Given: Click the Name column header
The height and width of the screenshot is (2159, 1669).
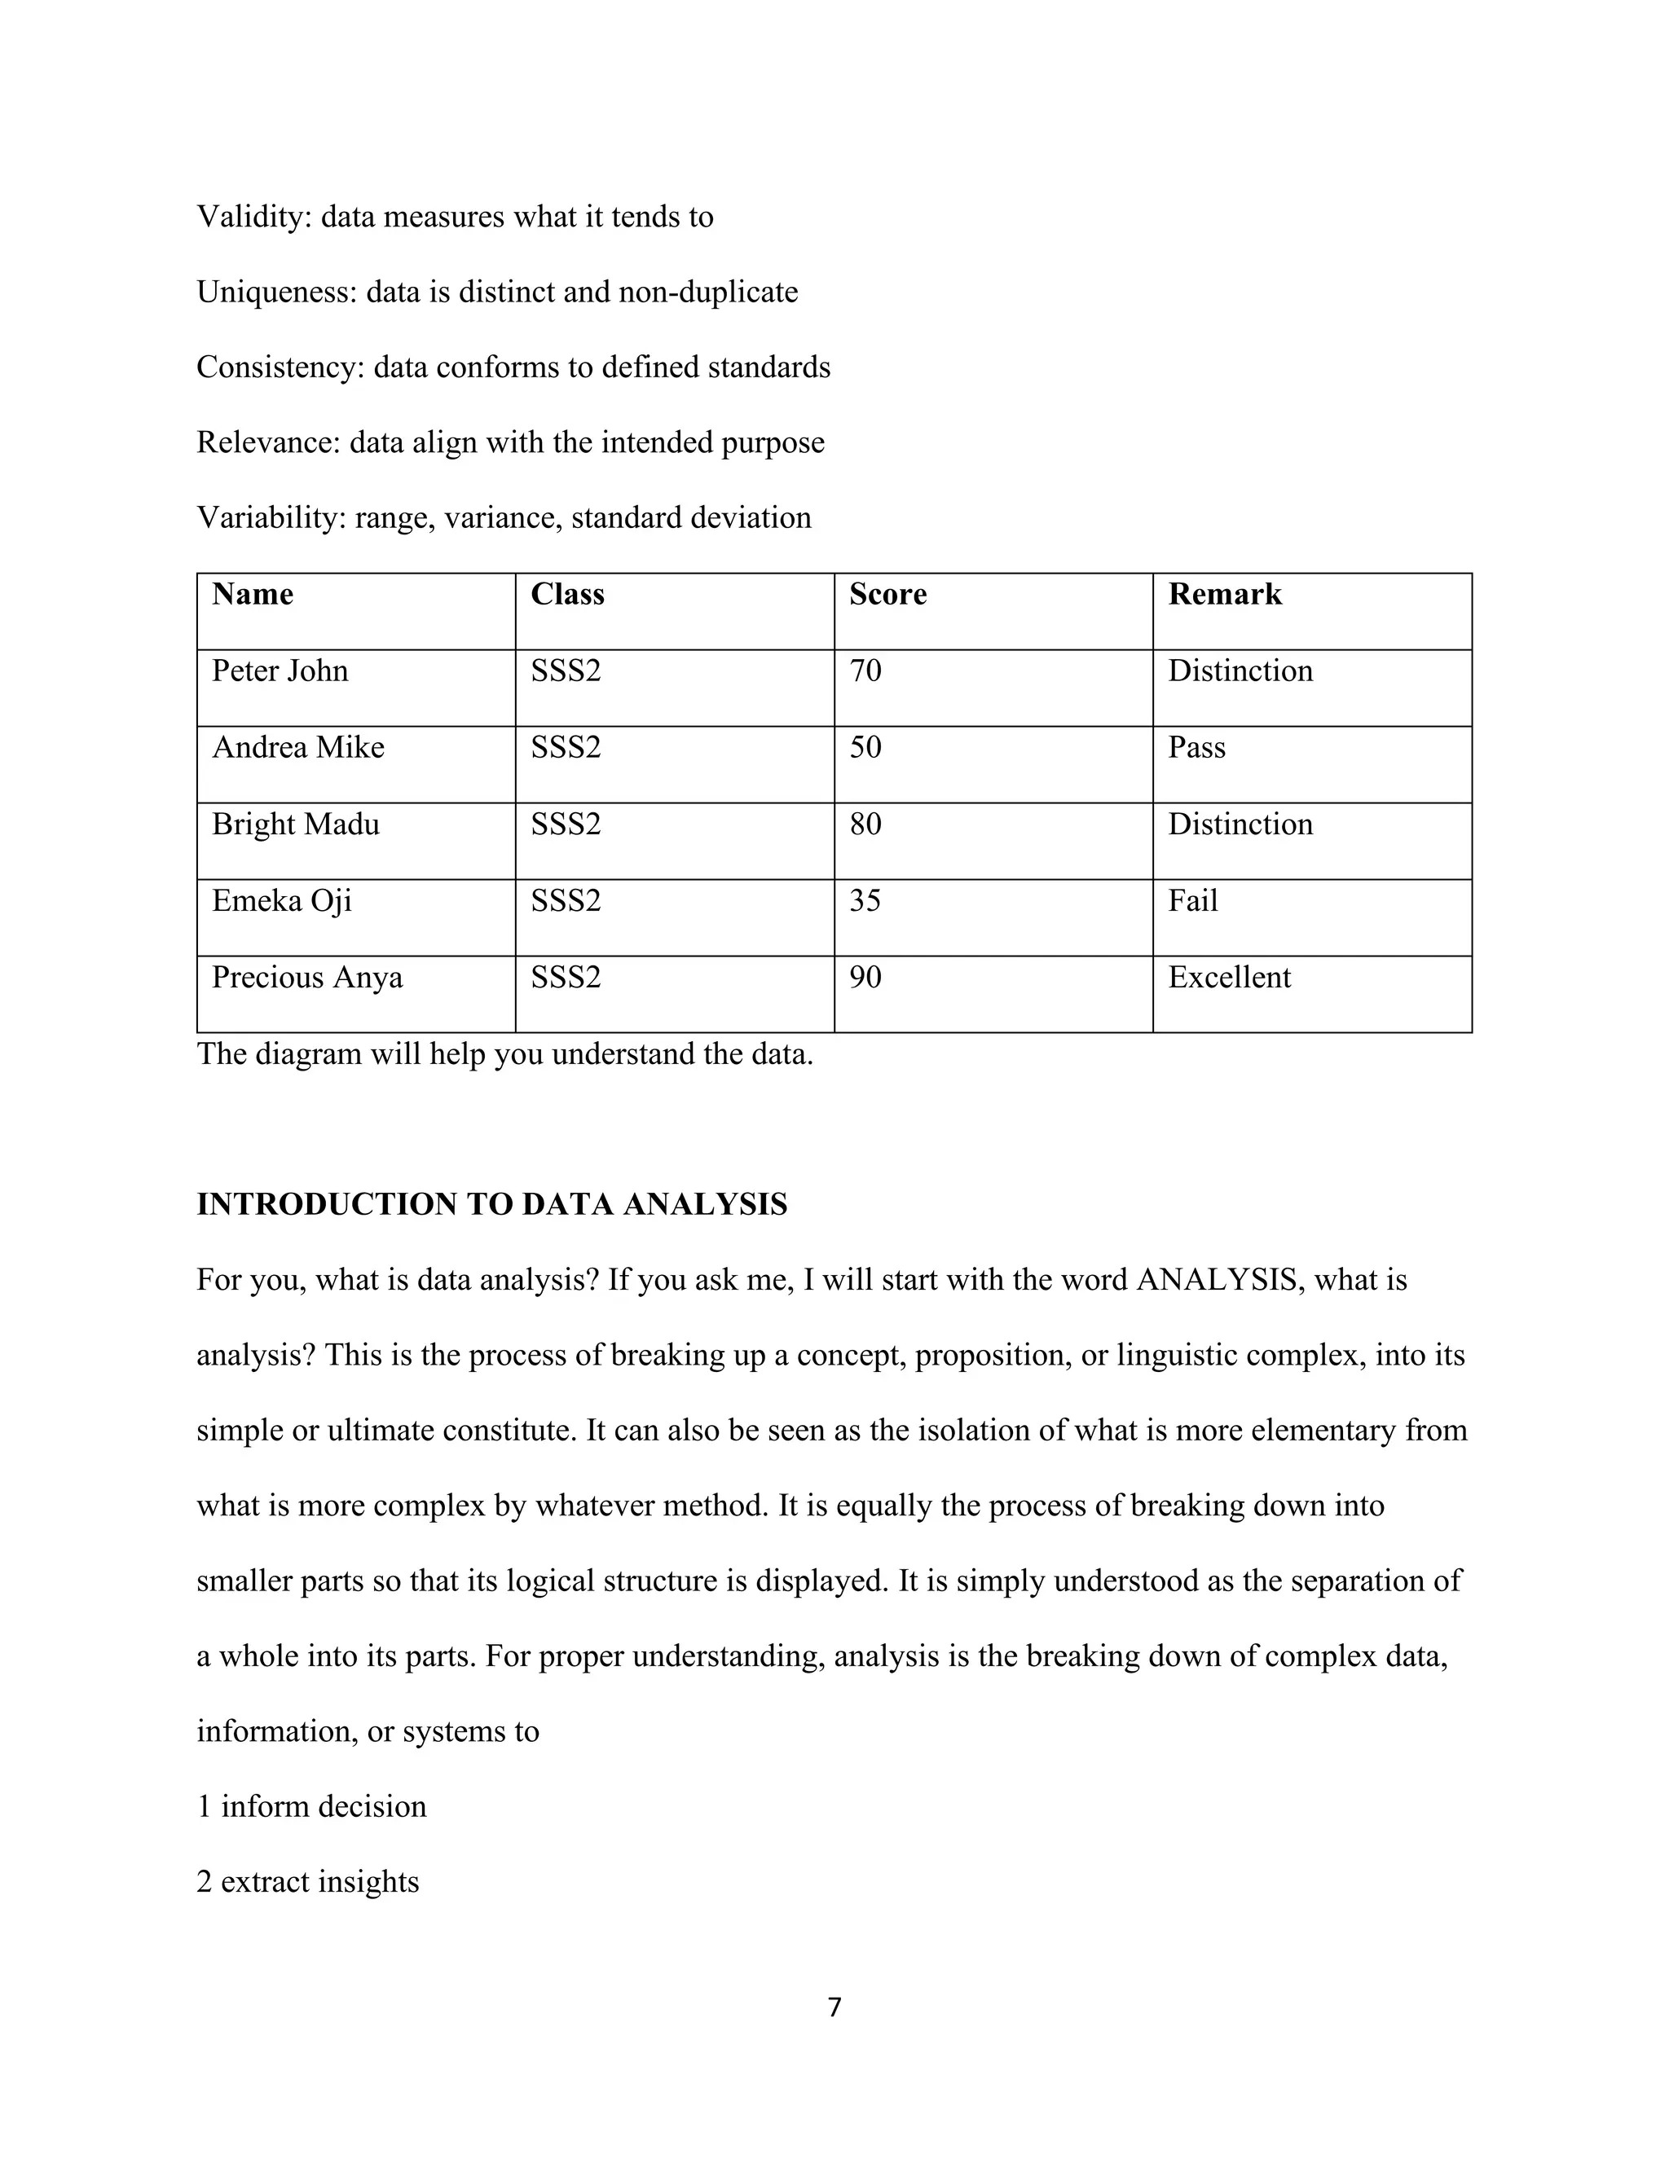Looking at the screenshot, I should tap(253, 594).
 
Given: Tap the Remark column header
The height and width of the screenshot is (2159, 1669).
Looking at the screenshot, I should tap(1225, 594).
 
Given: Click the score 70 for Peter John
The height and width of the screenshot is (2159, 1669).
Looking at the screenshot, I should tap(865, 671).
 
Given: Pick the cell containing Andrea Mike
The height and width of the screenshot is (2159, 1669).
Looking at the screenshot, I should tap(298, 747).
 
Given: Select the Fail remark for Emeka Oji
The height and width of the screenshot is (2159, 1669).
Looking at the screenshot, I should tap(1192, 900).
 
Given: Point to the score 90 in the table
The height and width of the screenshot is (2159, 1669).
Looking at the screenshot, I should tap(865, 978).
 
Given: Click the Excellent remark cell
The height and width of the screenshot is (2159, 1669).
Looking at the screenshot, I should tap(1229, 978).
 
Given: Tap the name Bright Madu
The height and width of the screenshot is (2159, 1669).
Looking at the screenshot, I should tap(296, 824).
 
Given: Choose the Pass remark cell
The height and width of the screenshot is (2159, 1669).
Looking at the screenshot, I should tap(1196, 747).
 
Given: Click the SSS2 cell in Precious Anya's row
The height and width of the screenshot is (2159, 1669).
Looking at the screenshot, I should tap(566, 978).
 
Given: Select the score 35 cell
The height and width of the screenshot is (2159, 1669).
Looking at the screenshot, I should tap(865, 900).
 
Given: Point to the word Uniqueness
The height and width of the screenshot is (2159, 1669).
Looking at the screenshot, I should tap(276, 292).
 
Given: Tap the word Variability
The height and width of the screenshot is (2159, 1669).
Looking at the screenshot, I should tap(270, 517).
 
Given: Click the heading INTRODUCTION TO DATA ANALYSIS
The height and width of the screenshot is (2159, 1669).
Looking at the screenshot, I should tap(491, 1204).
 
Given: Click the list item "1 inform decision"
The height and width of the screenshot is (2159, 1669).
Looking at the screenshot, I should tap(311, 1806).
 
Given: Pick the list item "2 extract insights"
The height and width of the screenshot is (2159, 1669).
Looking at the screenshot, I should tap(307, 1881).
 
